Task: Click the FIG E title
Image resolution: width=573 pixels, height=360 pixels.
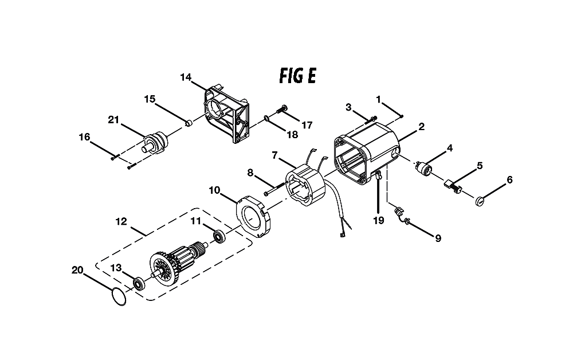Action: pyautogui.click(x=297, y=76)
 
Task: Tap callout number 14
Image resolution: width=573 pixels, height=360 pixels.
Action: pyautogui.click(x=186, y=77)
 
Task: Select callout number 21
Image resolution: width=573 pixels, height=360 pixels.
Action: pyautogui.click(x=113, y=119)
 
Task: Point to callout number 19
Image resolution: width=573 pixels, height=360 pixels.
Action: pyautogui.click(x=379, y=220)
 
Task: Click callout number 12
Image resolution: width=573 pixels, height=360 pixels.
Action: pyautogui.click(x=121, y=221)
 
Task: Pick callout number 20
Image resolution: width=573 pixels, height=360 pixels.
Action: pyautogui.click(x=77, y=270)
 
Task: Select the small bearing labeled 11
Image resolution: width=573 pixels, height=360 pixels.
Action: pyautogui.click(x=220, y=237)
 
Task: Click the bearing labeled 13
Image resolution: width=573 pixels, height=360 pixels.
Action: pyautogui.click(x=139, y=284)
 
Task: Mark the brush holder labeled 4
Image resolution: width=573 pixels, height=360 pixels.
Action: pyautogui.click(x=423, y=168)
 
